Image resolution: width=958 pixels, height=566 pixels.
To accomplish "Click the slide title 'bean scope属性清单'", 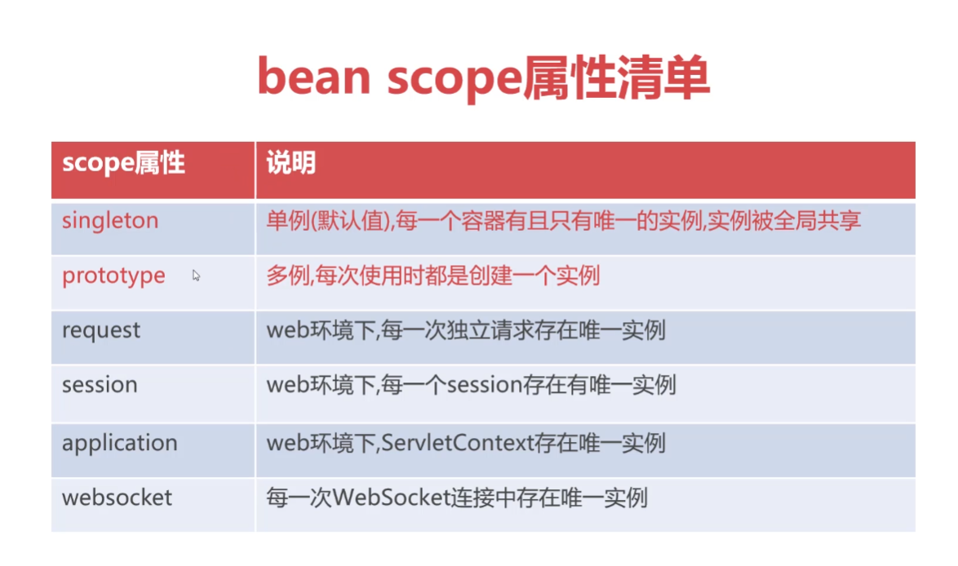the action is [483, 77].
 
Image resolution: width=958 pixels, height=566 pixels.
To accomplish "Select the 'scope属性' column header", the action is [123, 163].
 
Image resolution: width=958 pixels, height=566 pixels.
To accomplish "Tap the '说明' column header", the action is [291, 163].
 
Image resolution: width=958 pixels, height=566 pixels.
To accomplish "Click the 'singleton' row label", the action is [110, 221].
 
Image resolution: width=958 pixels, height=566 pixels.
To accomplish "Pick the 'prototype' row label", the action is [113, 276].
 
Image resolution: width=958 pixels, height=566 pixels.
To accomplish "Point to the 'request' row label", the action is [101, 331].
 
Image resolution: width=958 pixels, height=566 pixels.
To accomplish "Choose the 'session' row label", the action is [100, 385].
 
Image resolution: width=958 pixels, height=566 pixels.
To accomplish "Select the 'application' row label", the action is [120, 444].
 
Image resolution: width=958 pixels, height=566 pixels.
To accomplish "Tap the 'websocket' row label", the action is [117, 497].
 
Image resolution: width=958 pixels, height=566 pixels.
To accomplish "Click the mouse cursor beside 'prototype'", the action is [196, 276].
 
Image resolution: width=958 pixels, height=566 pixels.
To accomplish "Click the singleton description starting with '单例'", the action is [563, 220].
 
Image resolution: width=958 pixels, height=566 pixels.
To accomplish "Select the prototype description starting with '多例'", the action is [432, 276].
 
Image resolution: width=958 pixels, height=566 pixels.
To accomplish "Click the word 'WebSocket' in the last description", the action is [392, 497].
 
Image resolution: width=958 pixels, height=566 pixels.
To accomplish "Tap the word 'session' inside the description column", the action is [485, 385].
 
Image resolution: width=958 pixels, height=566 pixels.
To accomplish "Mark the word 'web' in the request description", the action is [288, 330].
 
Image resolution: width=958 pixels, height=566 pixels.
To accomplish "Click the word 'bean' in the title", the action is [314, 77].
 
